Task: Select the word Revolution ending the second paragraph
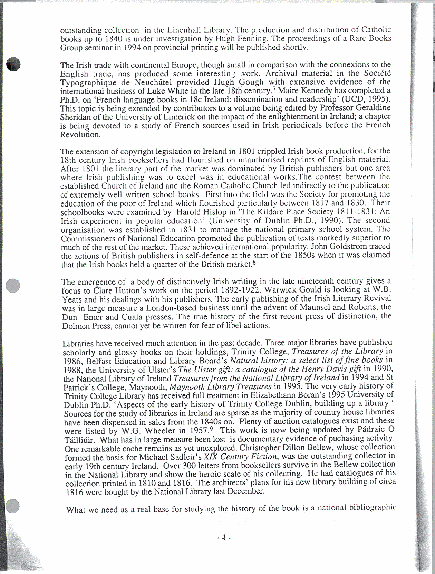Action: [x=80, y=135]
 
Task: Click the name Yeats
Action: [x=73, y=299]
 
